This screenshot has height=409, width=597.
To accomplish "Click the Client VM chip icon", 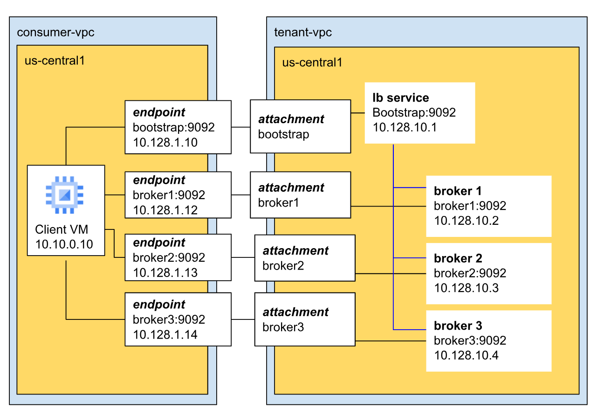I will (x=65, y=195).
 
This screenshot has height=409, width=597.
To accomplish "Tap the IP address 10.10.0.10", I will (x=64, y=244).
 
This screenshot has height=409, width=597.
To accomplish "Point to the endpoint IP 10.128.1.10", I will (x=165, y=142).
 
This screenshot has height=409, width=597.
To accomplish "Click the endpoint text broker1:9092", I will (x=169, y=195).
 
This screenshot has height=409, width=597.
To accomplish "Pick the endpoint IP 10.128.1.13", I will (x=165, y=272).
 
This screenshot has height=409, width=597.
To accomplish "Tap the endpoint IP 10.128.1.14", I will (x=165, y=334).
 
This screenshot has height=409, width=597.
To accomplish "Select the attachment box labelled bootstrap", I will (x=300, y=126).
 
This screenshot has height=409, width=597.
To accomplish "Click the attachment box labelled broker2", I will (x=305, y=258).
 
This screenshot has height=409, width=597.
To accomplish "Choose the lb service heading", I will (x=400, y=98).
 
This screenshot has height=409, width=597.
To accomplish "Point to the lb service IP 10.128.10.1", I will (x=405, y=127).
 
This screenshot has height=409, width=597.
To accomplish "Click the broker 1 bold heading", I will (x=457, y=191).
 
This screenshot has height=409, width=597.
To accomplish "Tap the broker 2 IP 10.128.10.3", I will (x=466, y=288).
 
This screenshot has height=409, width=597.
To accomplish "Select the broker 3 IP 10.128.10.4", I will (x=466, y=355).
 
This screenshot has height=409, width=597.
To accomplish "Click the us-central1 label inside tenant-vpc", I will (x=312, y=62).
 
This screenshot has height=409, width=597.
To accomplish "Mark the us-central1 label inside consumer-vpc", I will (x=55, y=61).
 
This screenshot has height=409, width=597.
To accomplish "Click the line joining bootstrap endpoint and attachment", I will (x=240, y=127).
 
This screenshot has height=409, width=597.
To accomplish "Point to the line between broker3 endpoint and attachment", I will (x=243, y=319).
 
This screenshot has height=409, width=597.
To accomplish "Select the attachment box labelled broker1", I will (x=300, y=195).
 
